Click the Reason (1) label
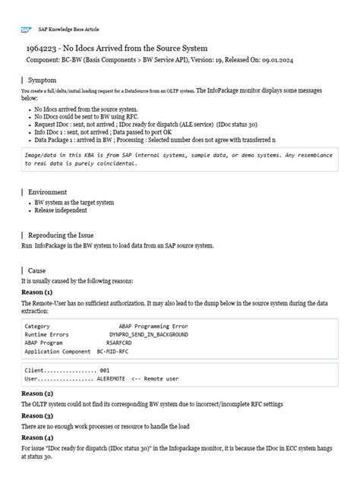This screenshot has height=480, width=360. click(x=36, y=292)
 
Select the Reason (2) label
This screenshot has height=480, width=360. click(x=36, y=393)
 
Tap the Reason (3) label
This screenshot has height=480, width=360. click(x=36, y=416)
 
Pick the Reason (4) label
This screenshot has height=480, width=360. click(x=36, y=438)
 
